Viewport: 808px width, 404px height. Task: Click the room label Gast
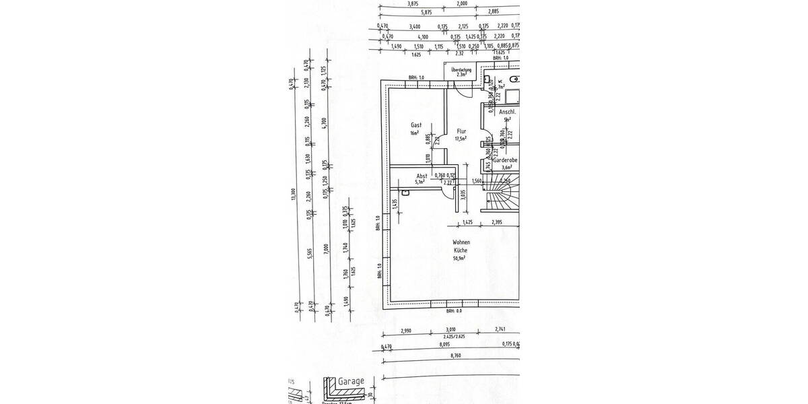point(416,125)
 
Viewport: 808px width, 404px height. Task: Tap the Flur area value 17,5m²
point(461,139)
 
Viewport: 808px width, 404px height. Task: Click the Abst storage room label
point(422,176)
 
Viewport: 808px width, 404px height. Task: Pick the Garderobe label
point(505,161)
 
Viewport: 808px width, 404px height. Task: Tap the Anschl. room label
point(506,112)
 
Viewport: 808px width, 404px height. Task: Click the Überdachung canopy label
point(461,69)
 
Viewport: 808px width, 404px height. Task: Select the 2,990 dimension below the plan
point(406,331)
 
